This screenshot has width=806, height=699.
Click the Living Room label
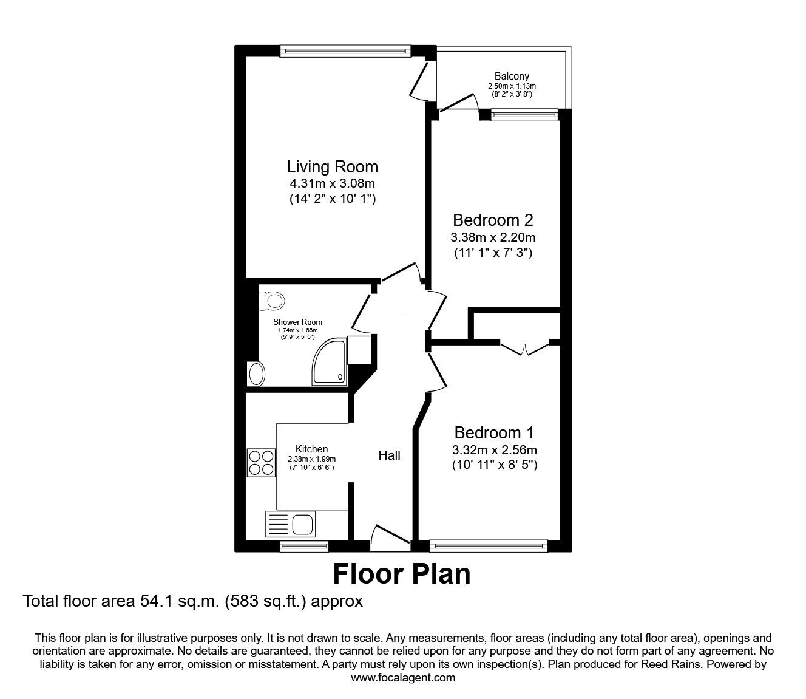coord(332,166)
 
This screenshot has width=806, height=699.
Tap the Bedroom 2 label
coord(493,220)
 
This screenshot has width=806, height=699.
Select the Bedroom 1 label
coord(494,433)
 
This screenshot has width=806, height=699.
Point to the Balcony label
coord(512,77)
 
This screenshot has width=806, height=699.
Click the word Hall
coord(390,455)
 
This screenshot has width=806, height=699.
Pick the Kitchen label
coord(311,449)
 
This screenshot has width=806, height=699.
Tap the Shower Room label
coord(297,322)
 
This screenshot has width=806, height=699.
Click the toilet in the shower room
coord(273,300)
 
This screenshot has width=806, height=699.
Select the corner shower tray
coord(330,362)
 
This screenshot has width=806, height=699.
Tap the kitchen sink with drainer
coord(290,524)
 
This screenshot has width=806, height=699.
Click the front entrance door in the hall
coord(390,537)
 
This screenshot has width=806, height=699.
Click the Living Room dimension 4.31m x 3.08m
coord(332,183)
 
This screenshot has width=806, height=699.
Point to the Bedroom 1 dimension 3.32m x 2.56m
coord(494,450)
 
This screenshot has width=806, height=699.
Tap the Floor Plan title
coord(402,574)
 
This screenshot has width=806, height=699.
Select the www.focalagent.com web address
coord(403,678)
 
